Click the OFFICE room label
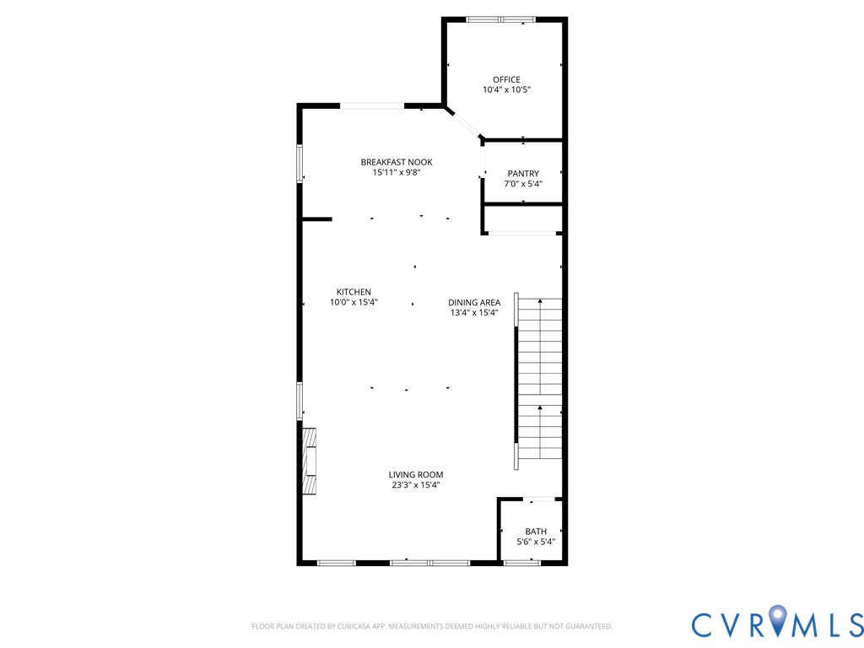point(506,80)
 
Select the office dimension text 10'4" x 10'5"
point(506,89)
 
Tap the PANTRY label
point(523,174)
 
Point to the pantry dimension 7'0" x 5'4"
point(523,184)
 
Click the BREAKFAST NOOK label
point(397,162)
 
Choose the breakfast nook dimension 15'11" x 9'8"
point(397,172)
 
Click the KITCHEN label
point(354,292)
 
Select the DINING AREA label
point(474,303)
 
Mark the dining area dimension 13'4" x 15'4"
point(474,313)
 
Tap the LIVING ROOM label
point(416,475)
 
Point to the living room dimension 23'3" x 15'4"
point(416,485)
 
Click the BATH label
point(536,532)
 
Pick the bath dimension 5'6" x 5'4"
point(536,542)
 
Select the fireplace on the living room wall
point(310,462)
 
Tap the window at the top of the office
point(500,19)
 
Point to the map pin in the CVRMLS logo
point(778,622)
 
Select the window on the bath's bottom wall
point(521,563)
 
